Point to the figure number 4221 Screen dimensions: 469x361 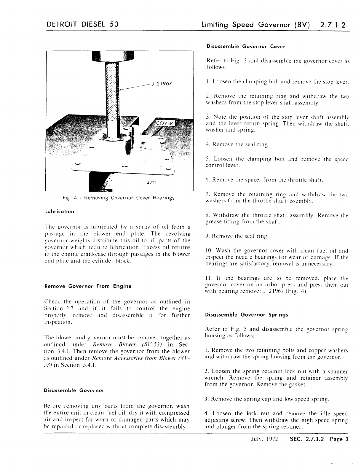151,182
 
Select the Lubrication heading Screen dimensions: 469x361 59,212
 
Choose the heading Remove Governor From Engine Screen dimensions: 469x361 88,286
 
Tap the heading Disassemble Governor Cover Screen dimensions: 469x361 246,47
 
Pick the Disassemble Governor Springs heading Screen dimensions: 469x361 247,315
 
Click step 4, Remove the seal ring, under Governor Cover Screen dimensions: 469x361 237,145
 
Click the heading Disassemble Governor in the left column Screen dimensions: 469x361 74,390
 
